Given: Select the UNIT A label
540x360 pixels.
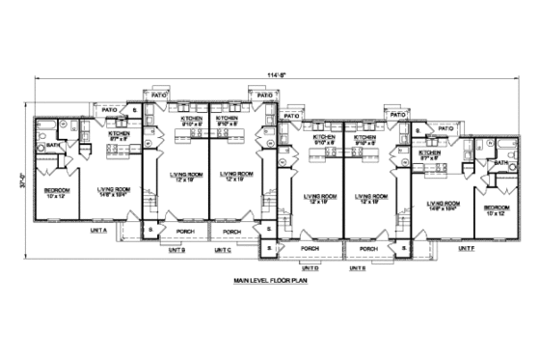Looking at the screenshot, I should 98,231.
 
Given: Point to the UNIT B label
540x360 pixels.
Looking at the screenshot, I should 176,250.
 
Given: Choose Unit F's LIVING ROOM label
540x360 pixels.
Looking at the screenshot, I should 442,205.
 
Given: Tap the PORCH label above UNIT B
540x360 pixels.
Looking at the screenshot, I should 184,233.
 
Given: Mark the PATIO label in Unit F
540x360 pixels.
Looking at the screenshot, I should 445,127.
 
